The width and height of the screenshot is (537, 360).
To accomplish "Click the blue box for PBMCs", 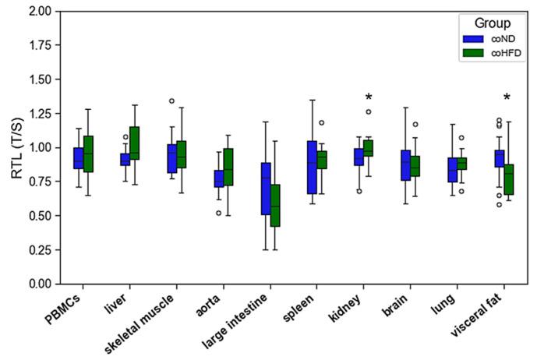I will pyautogui.click(x=78, y=158).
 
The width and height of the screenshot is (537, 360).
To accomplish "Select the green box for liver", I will pyautogui.click(x=134, y=143).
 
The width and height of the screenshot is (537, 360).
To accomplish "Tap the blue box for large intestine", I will pyautogui.click(x=266, y=189).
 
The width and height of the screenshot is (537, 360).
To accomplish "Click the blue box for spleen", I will pyautogui.click(x=313, y=168).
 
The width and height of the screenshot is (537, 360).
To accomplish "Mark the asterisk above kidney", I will pyautogui.click(x=369, y=97).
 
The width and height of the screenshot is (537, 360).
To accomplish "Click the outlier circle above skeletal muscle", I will pyautogui.click(x=171, y=101).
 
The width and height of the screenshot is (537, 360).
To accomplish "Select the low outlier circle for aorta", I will pyautogui.click(x=218, y=212).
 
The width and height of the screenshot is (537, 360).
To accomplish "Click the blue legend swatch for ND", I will pyautogui.click(x=472, y=38).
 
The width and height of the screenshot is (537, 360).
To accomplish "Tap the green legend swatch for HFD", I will pyautogui.click(x=472, y=53).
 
